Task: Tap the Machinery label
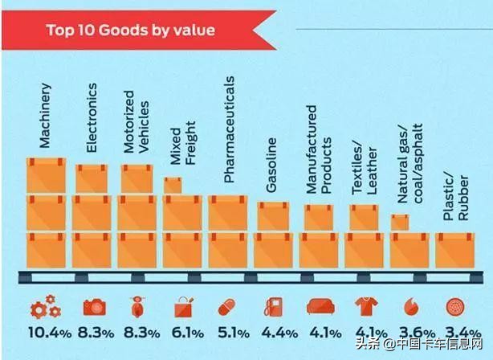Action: tap(45, 117)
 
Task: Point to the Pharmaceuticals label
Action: tap(229, 129)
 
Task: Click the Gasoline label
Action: tap(272, 166)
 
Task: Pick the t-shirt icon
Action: tap(365, 308)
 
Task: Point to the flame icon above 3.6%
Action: tap(410, 308)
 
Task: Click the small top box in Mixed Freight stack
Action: tap(173, 186)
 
